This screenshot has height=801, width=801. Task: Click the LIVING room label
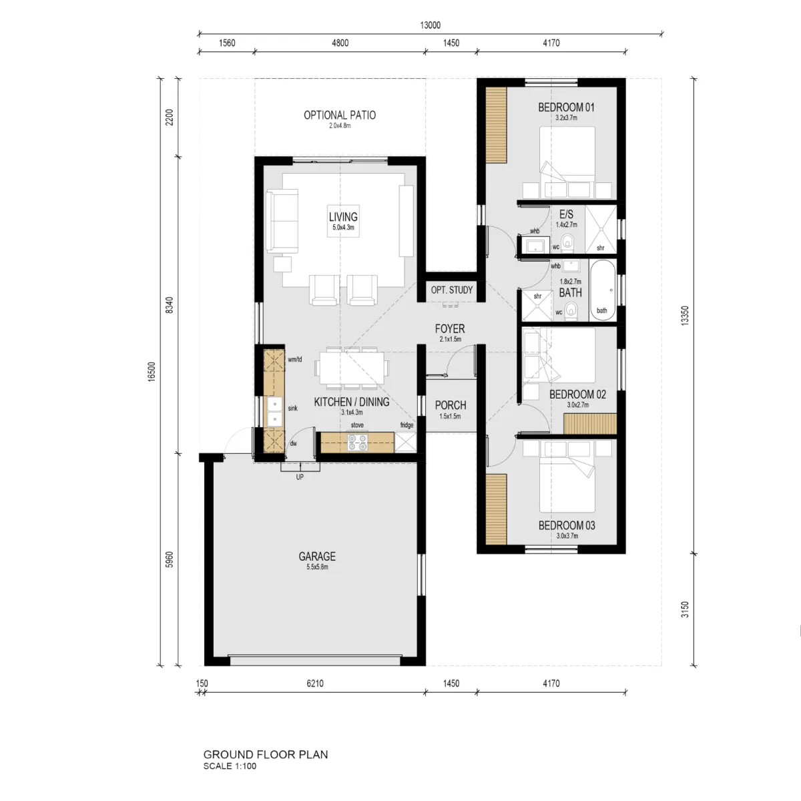(343, 216)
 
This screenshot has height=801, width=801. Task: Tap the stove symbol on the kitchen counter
(358, 443)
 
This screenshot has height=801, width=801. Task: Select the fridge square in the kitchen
(405, 443)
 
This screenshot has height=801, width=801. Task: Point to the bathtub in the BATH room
(603, 290)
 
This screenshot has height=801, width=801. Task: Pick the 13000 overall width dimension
(431, 25)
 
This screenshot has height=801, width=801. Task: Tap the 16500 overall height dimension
(152, 371)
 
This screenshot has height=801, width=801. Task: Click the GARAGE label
(317, 556)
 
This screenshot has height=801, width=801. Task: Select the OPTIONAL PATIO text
(340, 115)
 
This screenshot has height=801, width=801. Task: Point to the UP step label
(300, 477)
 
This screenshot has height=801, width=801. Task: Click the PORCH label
(451, 405)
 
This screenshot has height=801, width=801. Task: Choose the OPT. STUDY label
(452, 290)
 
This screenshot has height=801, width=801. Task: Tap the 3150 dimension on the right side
(685, 609)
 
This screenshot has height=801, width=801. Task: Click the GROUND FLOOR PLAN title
(266, 754)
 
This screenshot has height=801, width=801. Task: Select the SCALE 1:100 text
(230, 766)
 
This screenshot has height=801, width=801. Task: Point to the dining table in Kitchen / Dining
(352, 368)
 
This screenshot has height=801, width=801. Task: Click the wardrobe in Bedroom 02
(590, 424)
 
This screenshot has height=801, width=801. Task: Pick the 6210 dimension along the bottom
(314, 684)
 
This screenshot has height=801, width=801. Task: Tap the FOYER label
(450, 329)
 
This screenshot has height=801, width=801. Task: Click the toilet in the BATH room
(572, 312)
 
